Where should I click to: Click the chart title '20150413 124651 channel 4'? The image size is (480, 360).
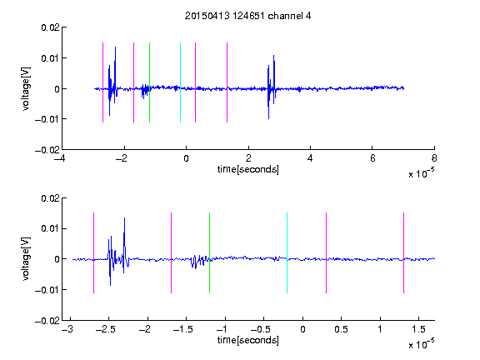[247, 16]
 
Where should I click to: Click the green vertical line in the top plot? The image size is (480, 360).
[149, 82]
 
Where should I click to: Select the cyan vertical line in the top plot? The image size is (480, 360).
[180, 82]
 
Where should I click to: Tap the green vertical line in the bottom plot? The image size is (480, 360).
[209, 252]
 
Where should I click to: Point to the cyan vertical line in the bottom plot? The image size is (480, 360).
[287, 252]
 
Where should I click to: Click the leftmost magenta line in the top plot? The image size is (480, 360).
[102, 82]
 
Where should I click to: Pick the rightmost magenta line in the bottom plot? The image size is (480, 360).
[403, 252]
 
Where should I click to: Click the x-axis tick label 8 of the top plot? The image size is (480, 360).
[434, 158]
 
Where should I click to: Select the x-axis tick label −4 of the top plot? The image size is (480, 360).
[59, 158]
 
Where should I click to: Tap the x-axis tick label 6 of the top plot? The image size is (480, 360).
[372, 158]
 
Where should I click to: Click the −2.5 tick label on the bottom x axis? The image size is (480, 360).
[105, 329]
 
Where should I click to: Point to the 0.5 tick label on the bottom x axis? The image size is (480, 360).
[341, 329]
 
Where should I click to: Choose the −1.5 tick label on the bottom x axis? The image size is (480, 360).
[182, 329]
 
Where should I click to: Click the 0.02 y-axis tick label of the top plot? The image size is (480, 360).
[50, 27]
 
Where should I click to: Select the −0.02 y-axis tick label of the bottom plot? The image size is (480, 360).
[47, 321]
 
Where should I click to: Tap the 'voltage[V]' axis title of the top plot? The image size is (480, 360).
[26, 89]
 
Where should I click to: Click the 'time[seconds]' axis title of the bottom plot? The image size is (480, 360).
[248, 340]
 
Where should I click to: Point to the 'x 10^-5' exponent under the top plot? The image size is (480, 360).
[421, 173]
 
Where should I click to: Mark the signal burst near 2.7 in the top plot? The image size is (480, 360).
[272, 87]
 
